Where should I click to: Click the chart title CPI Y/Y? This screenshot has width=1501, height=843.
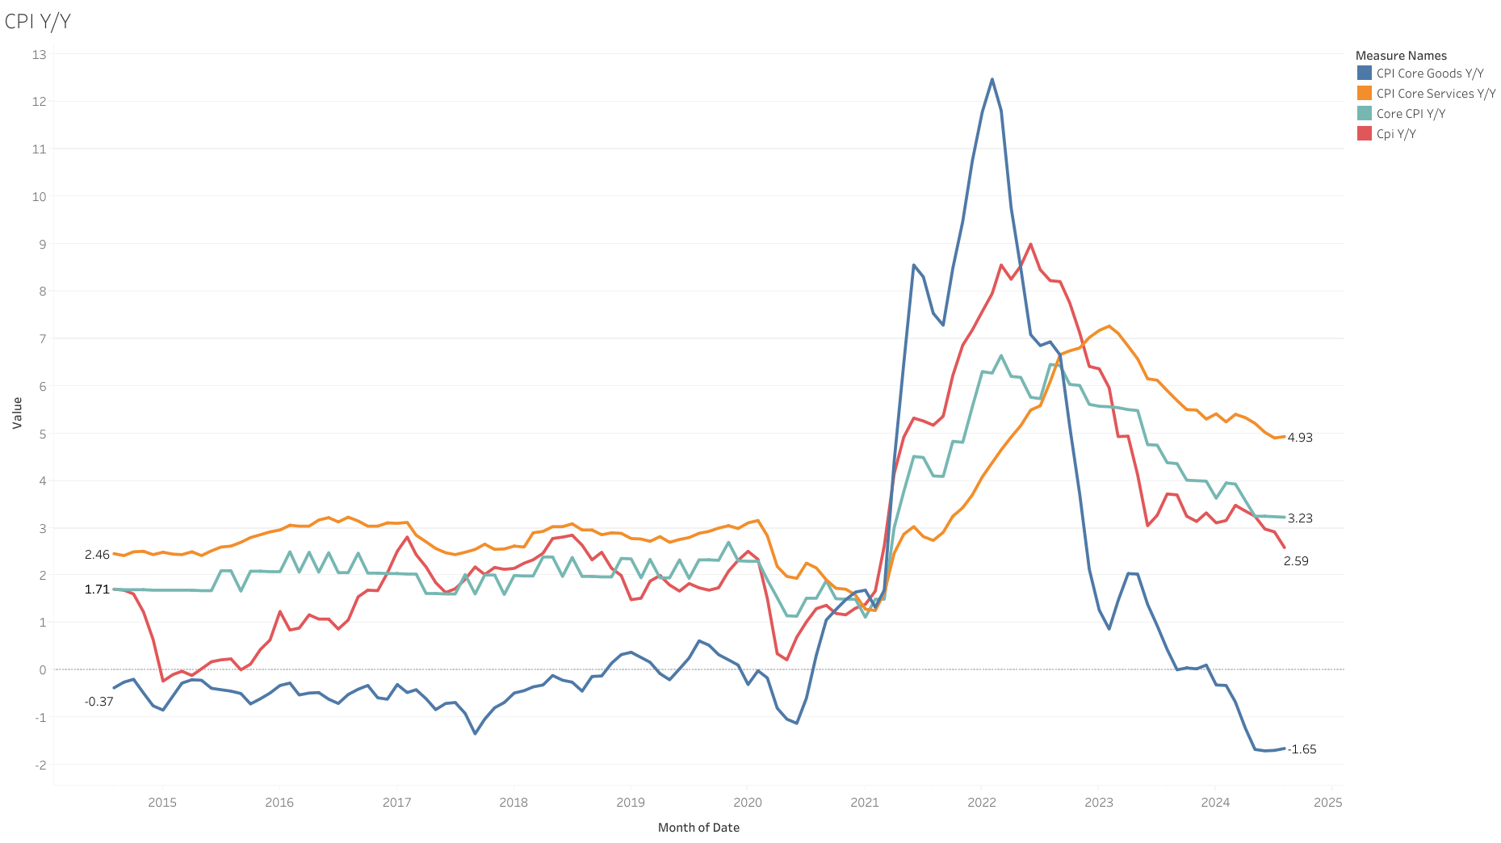pyautogui.click(x=37, y=21)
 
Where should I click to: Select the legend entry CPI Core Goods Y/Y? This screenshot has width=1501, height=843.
pyautogui.click(x=1429, y=73)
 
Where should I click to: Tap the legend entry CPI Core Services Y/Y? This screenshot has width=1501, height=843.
pyautogui.click(x=1436, y=94)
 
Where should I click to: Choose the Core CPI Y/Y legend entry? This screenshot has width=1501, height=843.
pyautogui.click(x=1411, y=114)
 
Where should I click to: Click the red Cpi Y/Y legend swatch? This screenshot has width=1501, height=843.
pyautogui.click(x=1365, y=134)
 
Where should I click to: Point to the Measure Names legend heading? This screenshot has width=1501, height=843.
pyautogui.click(x=1401, y=56)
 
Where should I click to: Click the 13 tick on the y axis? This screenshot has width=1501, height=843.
pyautogui.click(x=40, y=55)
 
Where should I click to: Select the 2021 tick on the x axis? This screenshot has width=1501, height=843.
pyautogui.click(x=864, y=802)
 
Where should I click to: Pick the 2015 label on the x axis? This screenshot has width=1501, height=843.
pyautogui.click(x=162, y=802)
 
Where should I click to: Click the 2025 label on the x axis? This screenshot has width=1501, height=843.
pyautogui.click(x=1327, y=802)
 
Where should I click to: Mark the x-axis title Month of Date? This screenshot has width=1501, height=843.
pyautogui.click(x=698, y=828)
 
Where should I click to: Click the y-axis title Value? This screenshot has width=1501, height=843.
pyautogui.click(x=17, y=413)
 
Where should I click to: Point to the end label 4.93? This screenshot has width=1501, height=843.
pyautogui.click(x=1300, y=438)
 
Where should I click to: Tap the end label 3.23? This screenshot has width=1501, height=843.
pyautogui.click(x=1300, y=518)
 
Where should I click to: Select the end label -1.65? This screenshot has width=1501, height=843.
pyautogui.click(x=1302, y=749)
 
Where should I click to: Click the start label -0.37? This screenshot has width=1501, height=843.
pyautogui.click(x=99, y=702)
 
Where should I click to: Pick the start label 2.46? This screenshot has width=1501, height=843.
pyautogui.click(x=97, y=555)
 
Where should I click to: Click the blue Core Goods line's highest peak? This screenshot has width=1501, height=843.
pyautogui.click(x=992, y=79)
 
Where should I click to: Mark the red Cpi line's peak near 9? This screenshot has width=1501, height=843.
pyautogui.click(x=1030, y=244)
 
